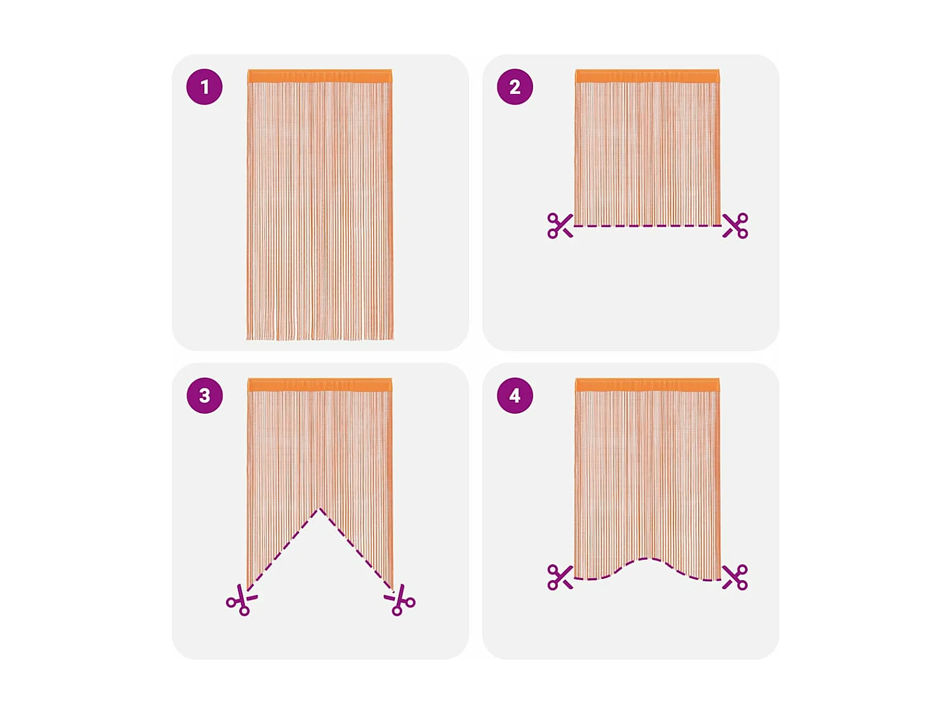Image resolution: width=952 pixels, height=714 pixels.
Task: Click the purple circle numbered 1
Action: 204,87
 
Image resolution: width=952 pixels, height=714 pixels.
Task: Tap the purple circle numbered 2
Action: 515,87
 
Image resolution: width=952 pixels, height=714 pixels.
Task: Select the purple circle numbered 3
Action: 204,395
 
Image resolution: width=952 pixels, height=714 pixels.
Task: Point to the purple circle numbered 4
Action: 515,395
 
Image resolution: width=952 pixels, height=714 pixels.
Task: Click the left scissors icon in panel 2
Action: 560,225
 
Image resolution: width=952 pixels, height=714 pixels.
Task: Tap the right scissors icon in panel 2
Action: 736,225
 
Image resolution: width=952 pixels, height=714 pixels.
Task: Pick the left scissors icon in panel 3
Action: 241,600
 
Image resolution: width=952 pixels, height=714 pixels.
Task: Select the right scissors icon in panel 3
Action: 400,600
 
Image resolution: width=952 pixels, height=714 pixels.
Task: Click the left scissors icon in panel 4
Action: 560,577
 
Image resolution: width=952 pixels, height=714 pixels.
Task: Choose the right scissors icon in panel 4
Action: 736,577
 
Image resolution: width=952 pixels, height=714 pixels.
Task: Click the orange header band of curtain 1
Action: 320,76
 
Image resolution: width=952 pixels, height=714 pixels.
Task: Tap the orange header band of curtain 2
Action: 647,76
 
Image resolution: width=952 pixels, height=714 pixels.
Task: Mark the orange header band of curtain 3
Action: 320,385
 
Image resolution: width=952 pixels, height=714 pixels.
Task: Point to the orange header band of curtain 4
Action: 647,385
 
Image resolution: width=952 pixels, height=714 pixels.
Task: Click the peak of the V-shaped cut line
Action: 320,509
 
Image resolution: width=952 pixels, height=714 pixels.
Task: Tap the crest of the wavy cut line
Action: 647,559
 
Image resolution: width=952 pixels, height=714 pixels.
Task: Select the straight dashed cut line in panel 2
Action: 647,226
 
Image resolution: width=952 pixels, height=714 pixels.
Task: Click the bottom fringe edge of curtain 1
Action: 320,338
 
